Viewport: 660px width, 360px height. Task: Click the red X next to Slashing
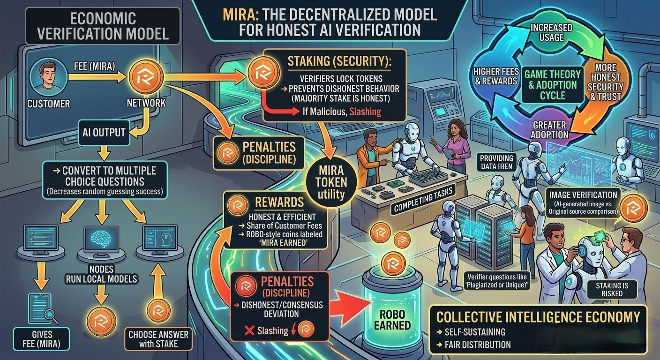coord(249,330)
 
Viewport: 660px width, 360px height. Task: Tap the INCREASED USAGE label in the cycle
coord(552,32)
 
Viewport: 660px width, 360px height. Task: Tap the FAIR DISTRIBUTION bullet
coord(473,345)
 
